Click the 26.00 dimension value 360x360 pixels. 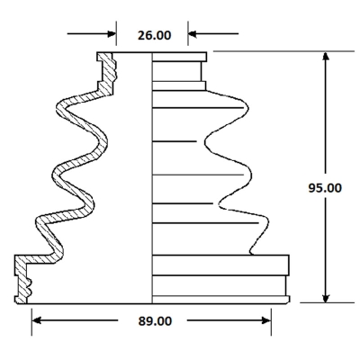pyautogui.click(x=155, y=35)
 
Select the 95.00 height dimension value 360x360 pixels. pyautogui.click(x=325, y=188)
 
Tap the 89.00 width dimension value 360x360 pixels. pyautogui.click(x=155, y=321)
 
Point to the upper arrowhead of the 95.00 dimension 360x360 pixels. pyautogui.click(x=326, y=57)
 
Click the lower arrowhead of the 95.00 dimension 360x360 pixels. pyautogui.click(x=326, y=298)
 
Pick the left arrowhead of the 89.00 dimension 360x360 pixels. pyautogui.click(x=36, y=320)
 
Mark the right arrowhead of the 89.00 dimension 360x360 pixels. pyautogui.click(x=266, y=320)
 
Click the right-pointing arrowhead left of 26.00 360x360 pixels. pyautogui.click(x=112, y=33)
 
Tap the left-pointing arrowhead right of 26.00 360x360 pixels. pyautogui.click(x=193, y=33)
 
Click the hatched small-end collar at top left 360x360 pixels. pyautogui.click(x=106, y=74)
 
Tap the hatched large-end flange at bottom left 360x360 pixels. pyautogui.click(x=22, y=279)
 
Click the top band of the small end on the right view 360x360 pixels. pyautogui.click(x=179, y=57)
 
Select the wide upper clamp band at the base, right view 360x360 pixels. pyautogui.click(x=220, y=265)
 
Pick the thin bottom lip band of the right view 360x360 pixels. pyautogui.click(x=220, y=300)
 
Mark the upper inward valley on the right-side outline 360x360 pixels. pyautogui.click(x=206, y=141)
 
